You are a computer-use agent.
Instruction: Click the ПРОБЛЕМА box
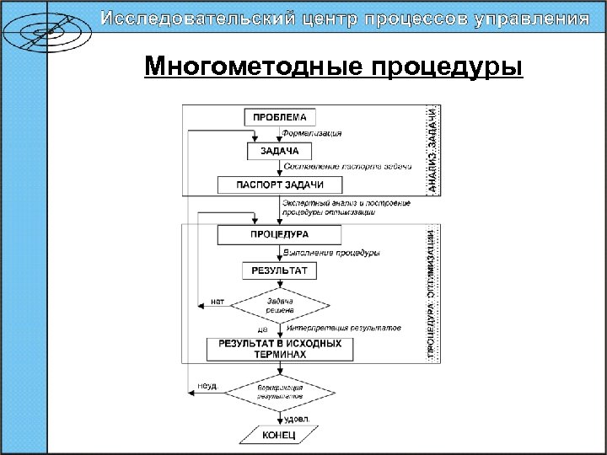pyautogui.click(x=280, y=117)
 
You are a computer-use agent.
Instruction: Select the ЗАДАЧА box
pyautogui.click(x=279, y=151)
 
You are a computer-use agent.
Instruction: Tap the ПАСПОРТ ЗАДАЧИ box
pyautogui.click(x=279, y=185)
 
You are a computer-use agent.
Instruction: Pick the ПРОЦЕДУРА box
pyautogui.click(x=279, y=234)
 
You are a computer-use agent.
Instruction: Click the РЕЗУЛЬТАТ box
pyautogui.click(x=279, y=270)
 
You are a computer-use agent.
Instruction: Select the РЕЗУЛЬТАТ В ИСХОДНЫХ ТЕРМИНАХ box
pyautogui.click(x=280, y=349)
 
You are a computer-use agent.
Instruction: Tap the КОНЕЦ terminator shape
pyautogui.click(x=279, y=435)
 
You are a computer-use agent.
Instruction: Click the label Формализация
pyautogui.click(x=312, y=134)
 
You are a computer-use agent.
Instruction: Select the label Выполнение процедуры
pyautogui.click(x=330, y=253)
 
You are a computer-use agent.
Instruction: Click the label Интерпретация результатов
pyautogui.click(x=343, y=328)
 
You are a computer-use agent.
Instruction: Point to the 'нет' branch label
pyautogui.click(x=218, y=300)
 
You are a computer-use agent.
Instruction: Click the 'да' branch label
pyautogui.click(x=262, y=329)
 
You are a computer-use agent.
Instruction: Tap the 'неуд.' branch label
pyautogui.click(x=207, y=385)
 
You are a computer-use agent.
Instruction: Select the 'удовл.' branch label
pyautogui.click(x=297, y=417)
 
